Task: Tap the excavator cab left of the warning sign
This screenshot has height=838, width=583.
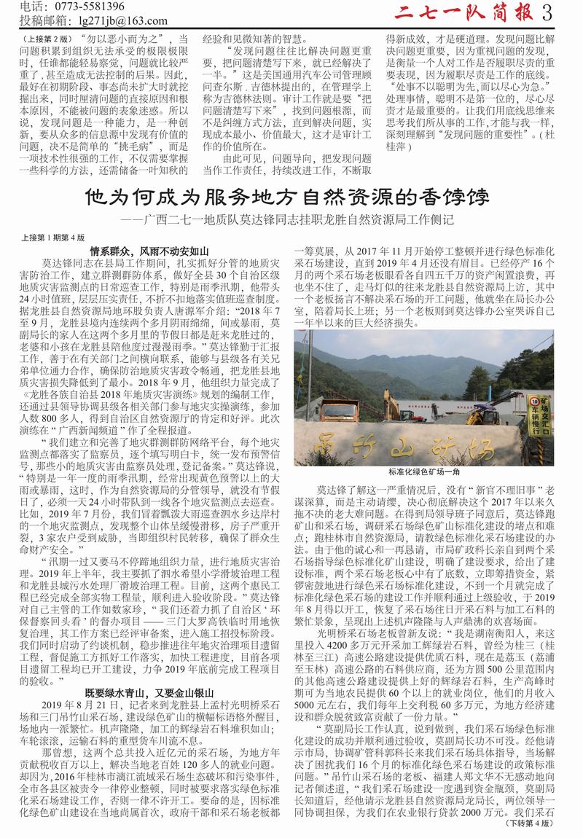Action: coord(503,408)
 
